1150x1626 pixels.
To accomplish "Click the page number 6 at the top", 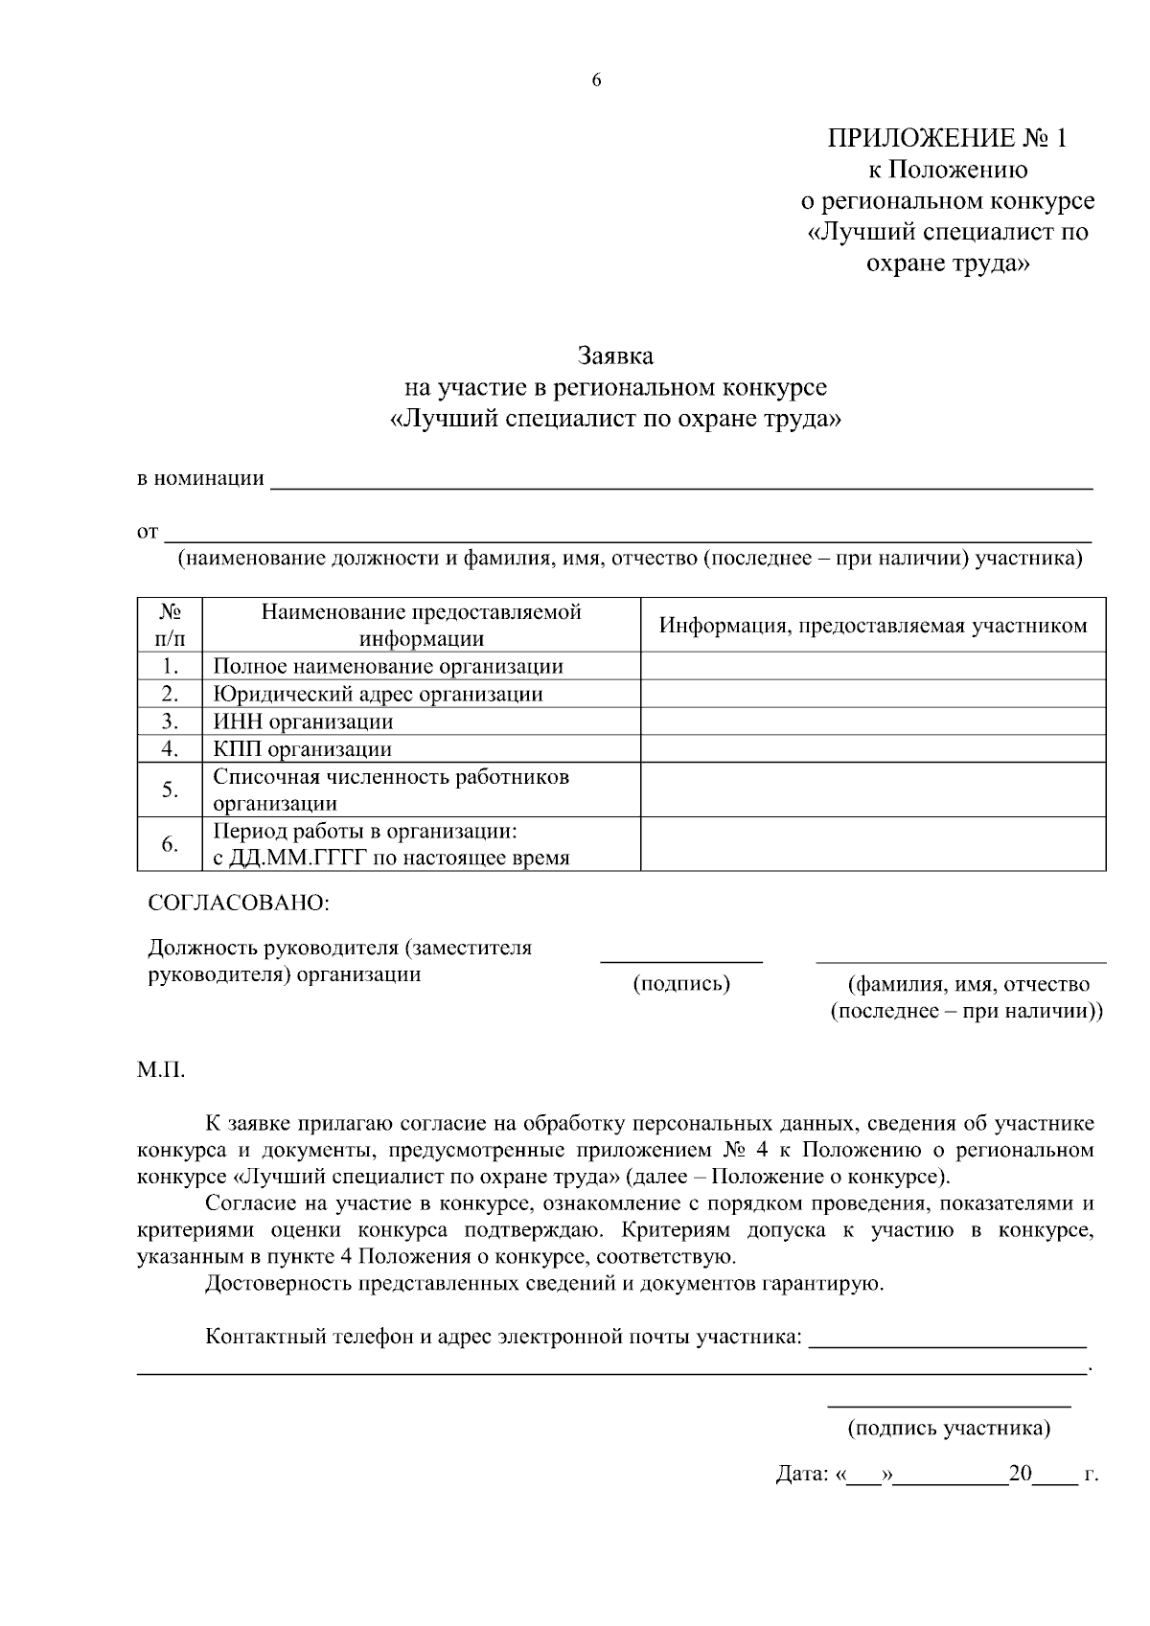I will click(596, 81).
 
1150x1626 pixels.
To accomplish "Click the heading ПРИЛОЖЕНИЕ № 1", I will click(946, 139).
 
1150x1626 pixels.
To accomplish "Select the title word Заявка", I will click(615, 356).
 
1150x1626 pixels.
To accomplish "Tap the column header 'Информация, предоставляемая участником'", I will click(872, 626).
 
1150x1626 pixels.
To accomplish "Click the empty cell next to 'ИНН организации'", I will click(872, 721).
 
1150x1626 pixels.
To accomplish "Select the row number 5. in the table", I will click(170, 790).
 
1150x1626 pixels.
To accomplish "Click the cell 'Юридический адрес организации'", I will click(378, 694).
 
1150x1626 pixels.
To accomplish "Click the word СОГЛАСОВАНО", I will click(238, 904).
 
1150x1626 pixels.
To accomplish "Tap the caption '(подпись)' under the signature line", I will click(681, 984).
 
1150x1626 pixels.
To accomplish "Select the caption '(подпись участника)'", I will click(949, 1429).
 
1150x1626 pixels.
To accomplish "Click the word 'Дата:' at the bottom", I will click(801, 1475).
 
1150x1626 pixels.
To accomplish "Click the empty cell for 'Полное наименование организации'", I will click(872, 666).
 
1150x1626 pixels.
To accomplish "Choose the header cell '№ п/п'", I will click(170, 625).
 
